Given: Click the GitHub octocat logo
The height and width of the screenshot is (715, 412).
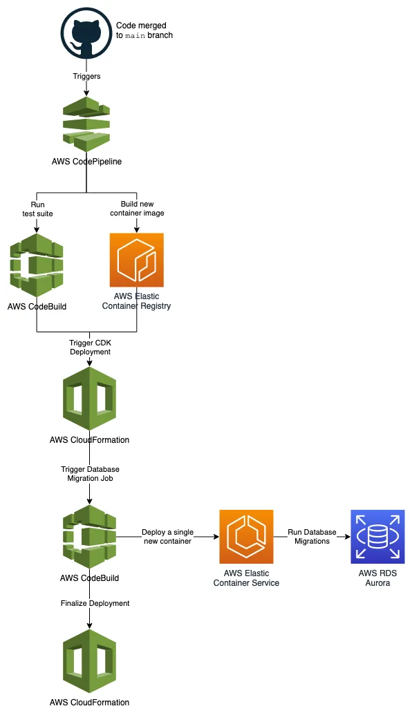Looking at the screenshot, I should pyautogui.click(x=86, y=33).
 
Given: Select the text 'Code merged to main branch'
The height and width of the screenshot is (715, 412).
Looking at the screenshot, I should pyautogui.click(x=144, y=30).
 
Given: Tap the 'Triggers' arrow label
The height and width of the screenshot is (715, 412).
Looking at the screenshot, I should pyautogui.click(x=86, y=76).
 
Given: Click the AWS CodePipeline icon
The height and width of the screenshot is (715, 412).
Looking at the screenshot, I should pyautogui.click(x=86, y=124).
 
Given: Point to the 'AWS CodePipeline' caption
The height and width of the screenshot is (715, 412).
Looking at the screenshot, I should pyautogui.click(x=86, y=162).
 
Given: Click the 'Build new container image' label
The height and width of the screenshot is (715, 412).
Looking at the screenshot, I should pyautogui.click(x=136, y=209).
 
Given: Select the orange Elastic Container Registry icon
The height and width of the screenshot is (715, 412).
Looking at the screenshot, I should pyautogui.click(x=136, y=260).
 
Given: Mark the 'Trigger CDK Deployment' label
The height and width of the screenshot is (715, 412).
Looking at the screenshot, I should pyautogui.click(x=90, y=347).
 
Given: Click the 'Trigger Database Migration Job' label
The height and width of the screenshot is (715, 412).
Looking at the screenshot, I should pyautogui.click(x=90, y=474).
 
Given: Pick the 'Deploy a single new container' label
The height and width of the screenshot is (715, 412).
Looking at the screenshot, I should pyautogui.click(x=167, y=537).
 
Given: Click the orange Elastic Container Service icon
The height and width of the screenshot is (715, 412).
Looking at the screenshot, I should pyautogui.click(x=246, y=537).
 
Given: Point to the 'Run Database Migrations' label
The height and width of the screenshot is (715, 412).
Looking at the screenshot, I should pyautogui.click(x=312, y=537).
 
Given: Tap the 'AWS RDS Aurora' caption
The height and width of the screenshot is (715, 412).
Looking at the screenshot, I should pyautogui.click(x=377, y=578).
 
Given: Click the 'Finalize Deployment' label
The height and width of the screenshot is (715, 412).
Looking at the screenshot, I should pyautogui.click(x=95, y=603).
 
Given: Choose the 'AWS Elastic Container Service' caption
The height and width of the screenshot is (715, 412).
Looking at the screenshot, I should pyautogui.click(x=246, y=578).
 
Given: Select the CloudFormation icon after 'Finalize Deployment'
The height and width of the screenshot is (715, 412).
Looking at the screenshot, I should pyautogui.click(x=89, y=661).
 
